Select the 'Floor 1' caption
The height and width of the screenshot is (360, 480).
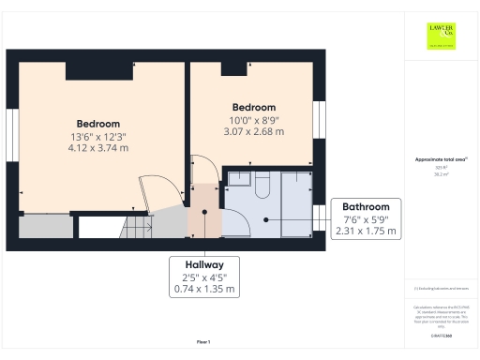203,341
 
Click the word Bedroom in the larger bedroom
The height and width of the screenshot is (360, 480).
97,124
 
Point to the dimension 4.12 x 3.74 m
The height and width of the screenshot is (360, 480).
97,148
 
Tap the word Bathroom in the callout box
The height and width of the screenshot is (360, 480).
366,206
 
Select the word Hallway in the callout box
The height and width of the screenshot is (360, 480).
202,265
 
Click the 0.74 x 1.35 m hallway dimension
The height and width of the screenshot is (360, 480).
202,290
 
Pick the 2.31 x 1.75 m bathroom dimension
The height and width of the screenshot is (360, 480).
366,231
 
